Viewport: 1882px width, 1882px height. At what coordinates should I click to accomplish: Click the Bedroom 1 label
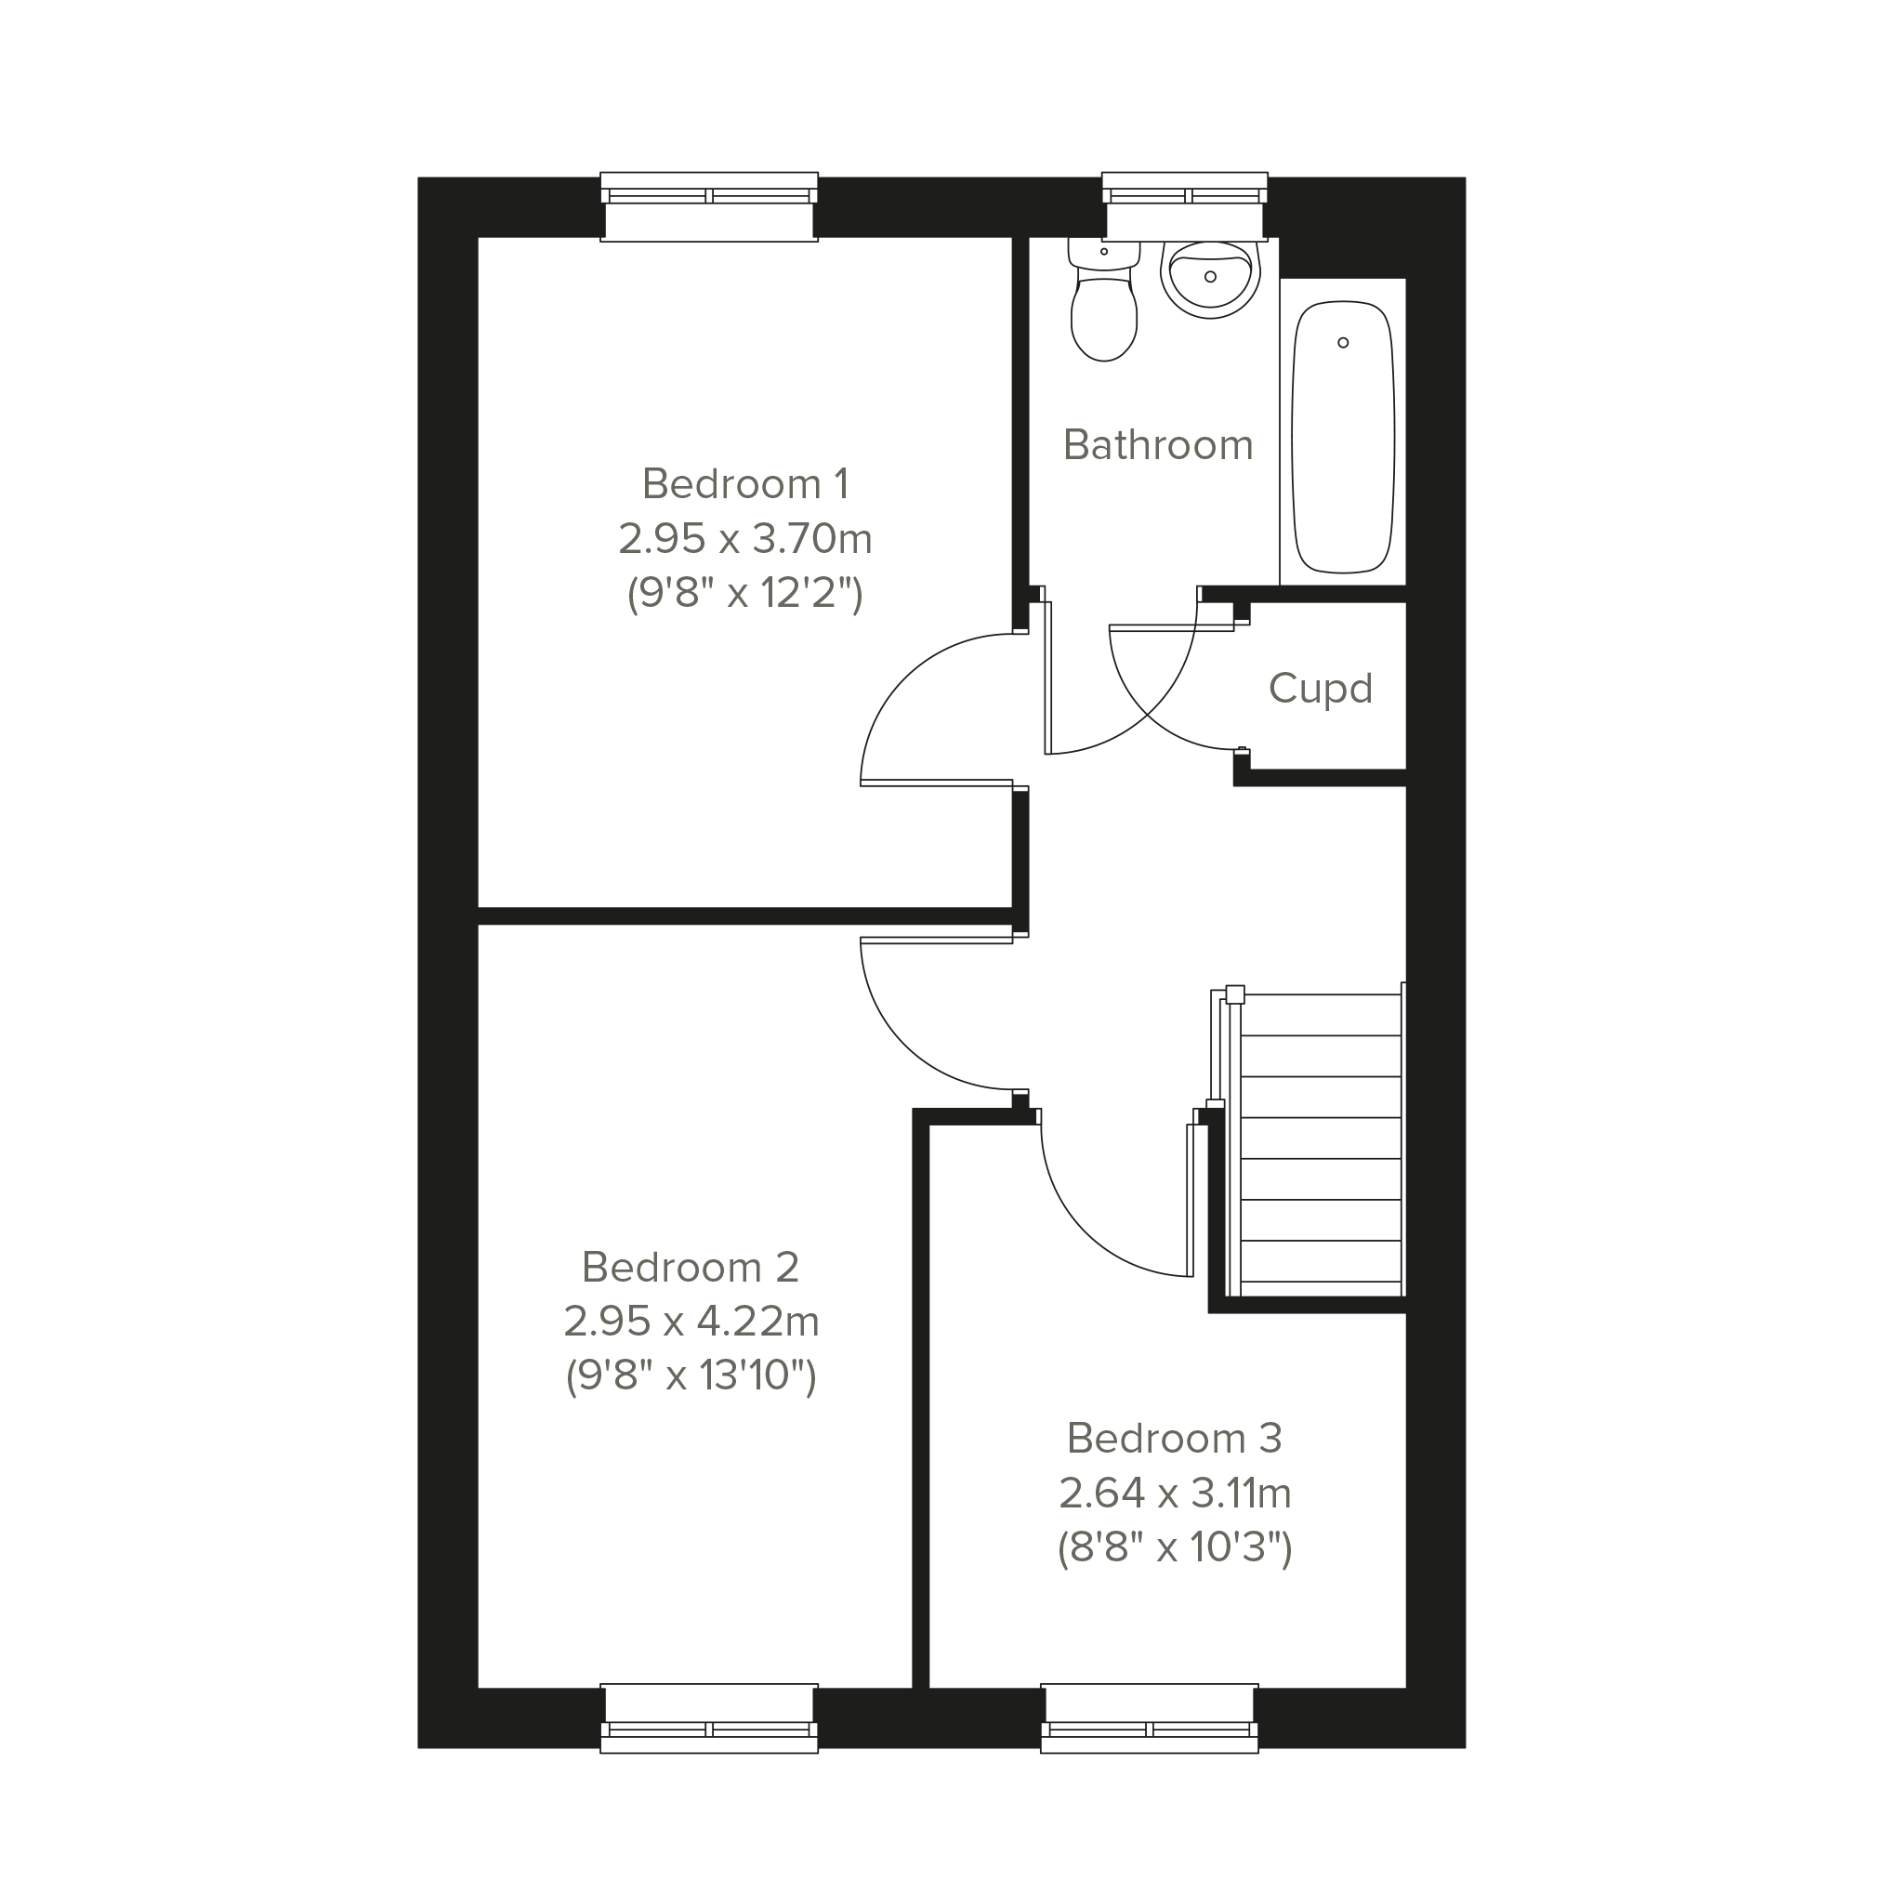pyautogui.click(x=745, y=484)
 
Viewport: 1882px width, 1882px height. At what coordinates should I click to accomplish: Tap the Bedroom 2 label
pyautogui.click(x=691, y=1268)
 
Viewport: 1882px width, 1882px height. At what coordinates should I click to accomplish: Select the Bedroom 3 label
pyautogui.click(x=1175, y=1438)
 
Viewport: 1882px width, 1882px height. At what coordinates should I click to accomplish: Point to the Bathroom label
pyautogui.click(x=1158, y=444)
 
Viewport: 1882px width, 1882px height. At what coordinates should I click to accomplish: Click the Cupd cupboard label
pyautogui.click(x=1320, y=689)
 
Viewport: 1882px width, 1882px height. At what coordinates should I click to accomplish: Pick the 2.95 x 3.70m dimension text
pyautogui.click(x=745, y=539)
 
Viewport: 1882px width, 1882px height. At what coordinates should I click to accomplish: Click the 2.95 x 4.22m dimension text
pyautogui.click(x=691, y=1322)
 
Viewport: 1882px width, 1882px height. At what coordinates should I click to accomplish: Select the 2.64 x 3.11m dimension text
pyautogui.click(x=1175, y=1494)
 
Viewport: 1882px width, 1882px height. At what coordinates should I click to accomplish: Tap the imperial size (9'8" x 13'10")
pyautogui.click(x=691, y=1376)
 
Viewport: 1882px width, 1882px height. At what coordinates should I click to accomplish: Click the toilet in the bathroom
pyautogui.click(x=1104, y=299)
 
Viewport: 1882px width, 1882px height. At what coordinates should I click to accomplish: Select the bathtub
pyautogui.click(x=1342, y=437)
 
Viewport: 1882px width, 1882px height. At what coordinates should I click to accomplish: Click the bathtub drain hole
pyautogui.click(x=1343, y=343)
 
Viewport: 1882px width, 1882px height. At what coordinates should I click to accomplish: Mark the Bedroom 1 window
pyautogui.click(x=709, y=206)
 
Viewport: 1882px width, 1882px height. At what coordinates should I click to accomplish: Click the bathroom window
pyautogui.click(x=1185, y=206)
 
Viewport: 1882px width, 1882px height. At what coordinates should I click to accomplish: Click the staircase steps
pyautogui.click(x=1321, y=1144)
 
